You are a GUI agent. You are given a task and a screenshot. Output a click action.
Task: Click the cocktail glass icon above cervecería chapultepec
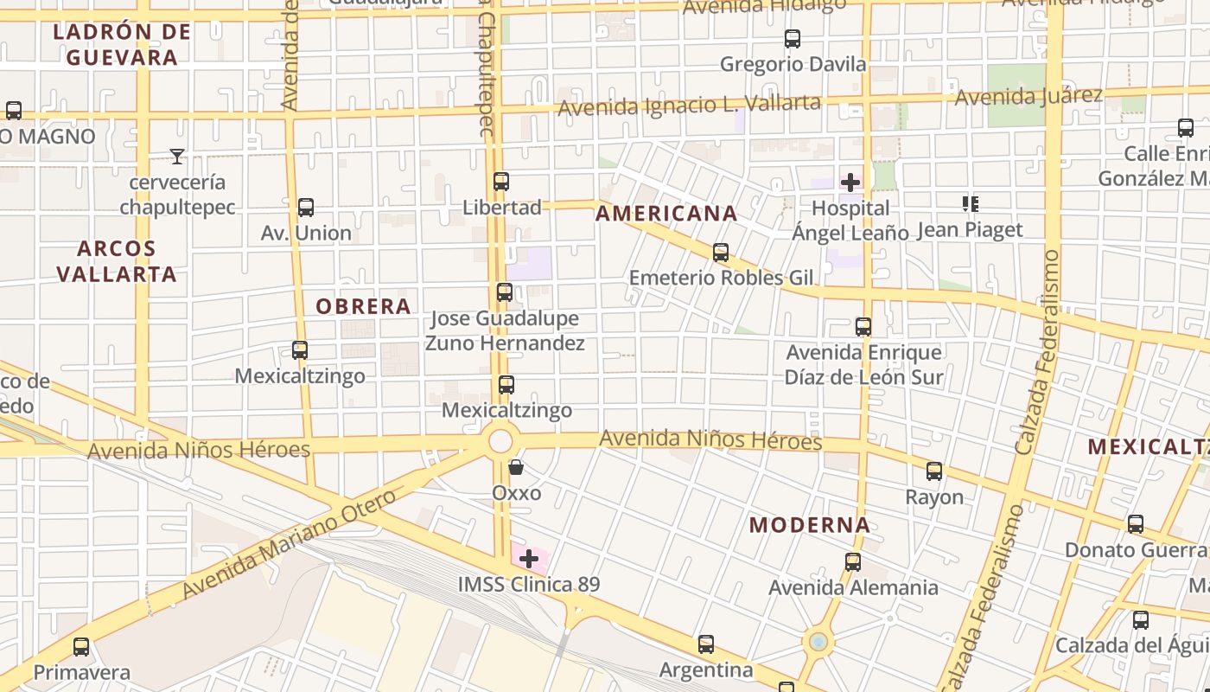[x=177, y=157]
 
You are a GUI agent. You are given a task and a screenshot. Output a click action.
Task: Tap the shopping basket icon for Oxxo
[x=516, y=467]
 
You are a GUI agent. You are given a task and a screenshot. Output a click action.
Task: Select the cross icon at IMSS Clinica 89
[x=529, y=559]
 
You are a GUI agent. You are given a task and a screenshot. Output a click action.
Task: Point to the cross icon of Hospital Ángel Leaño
[x=850, y=183]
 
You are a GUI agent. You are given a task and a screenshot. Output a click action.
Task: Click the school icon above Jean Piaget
[x=970, y=204]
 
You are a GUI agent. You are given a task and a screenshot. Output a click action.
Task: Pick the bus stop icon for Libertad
[x=500, y=182]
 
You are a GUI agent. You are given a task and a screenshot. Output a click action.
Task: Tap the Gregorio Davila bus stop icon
[x=792, y=39]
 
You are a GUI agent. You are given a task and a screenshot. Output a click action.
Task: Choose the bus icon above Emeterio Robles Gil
[x=720, y=253]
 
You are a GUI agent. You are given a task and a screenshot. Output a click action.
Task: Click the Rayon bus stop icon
[x=934, y=471]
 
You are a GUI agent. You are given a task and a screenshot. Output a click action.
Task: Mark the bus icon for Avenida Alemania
[x=853, y=562]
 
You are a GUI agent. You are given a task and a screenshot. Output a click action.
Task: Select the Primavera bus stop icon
[x=81, y=647]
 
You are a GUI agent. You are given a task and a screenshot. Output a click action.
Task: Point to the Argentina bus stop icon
[x=706, y=644]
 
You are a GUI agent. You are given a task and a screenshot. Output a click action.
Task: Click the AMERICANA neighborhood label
[x=666, y=214]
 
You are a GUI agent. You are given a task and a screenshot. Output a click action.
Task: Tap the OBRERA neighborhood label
[x=363, y=306]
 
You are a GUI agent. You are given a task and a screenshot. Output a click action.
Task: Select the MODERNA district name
[x=809, y=525]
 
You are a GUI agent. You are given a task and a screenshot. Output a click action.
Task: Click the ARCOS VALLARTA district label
[x=116, y=261]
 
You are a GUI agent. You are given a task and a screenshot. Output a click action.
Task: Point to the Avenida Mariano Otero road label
[x=290, y=544]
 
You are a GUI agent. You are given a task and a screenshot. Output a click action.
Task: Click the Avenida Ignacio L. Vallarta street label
[x=689, y=106]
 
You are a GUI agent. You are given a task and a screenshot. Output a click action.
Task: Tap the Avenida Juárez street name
[x=1028, y=96]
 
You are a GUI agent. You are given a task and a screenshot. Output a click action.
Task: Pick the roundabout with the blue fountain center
[x=818, y=642]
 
